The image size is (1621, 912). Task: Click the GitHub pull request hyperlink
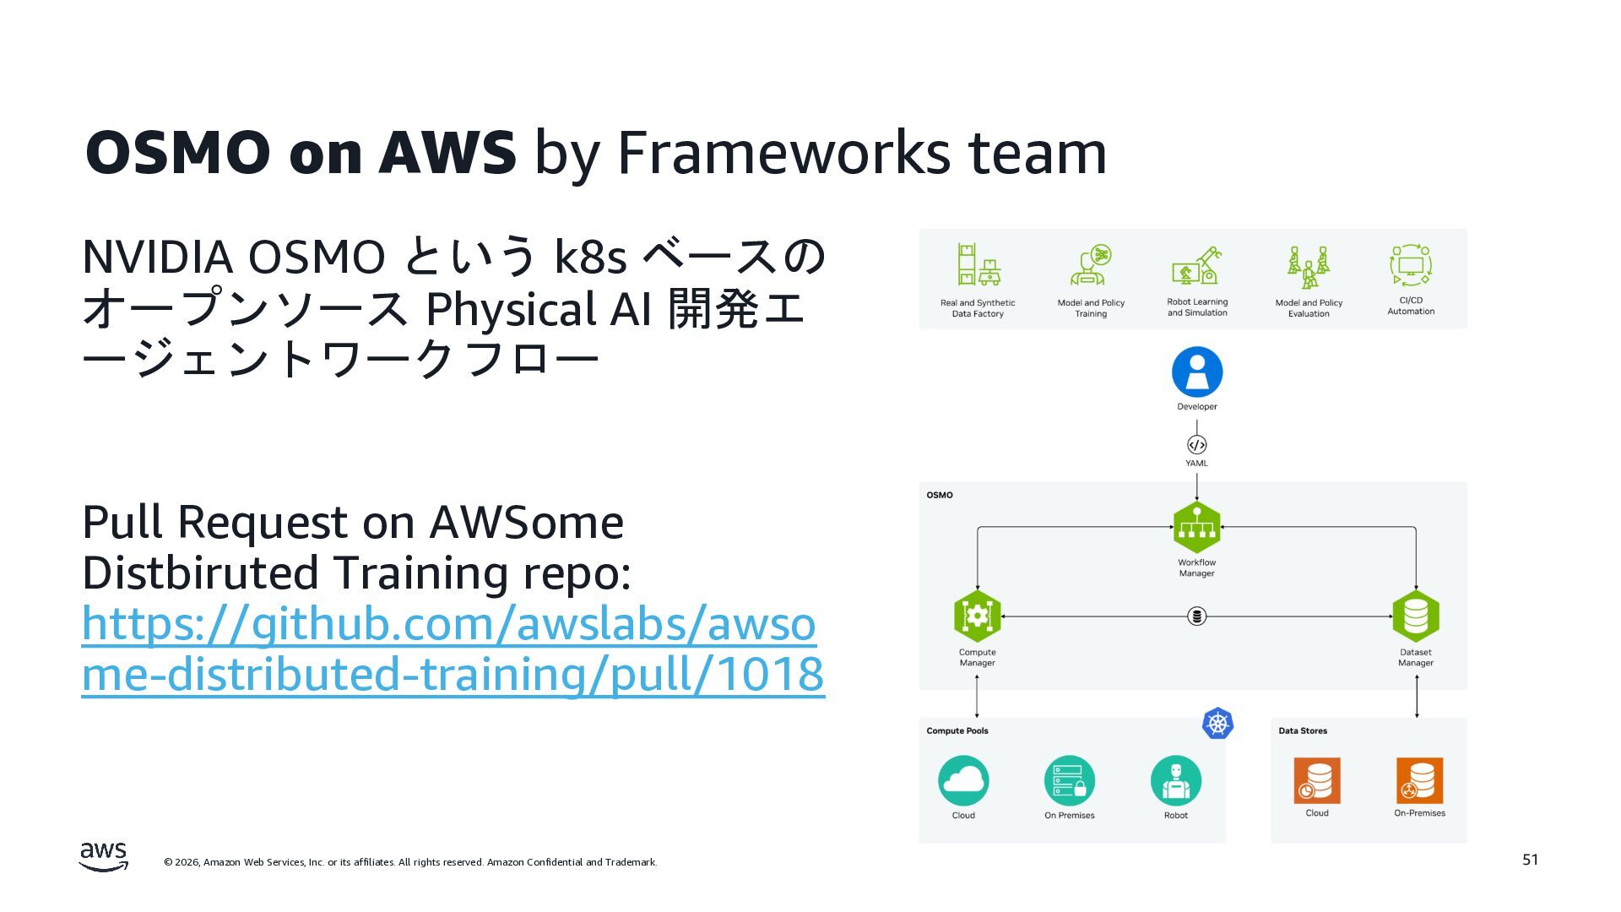(452, 649)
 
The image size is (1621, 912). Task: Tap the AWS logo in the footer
(104, 855)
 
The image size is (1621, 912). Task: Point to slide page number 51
(1530, 860)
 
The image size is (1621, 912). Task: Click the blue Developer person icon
(1196, 372)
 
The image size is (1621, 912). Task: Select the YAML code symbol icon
(1196, 445)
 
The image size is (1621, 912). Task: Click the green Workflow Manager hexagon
(1196, 528)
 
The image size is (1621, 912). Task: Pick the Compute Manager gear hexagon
(977, 616)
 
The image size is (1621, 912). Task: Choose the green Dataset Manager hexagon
(1415, 616)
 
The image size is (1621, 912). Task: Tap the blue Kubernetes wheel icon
(1217, 724)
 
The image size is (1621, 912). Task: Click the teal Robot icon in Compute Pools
(1175, 781)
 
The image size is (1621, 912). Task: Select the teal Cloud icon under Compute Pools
(963, 781)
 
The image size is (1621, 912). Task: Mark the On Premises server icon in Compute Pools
(1069, 781)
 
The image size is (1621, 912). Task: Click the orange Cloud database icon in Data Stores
(1316, 780)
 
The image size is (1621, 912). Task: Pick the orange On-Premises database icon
(1419, 780)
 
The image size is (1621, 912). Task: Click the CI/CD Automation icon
(1410, 266)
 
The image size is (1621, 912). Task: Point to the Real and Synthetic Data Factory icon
(978, 266)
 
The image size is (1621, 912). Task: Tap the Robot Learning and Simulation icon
(1196, 266)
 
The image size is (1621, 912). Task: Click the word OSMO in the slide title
(177, 153)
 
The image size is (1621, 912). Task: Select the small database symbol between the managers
(1196, 616)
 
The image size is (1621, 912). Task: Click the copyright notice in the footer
(410, 862)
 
